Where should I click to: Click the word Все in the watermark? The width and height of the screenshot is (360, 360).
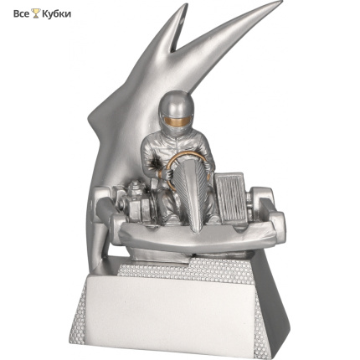click(21, 13)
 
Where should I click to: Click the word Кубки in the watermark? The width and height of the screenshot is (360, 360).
click(56, 14)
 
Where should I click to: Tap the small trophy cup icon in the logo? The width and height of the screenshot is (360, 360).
click(36, 13)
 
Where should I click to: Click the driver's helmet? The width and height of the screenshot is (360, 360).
click(176, 113)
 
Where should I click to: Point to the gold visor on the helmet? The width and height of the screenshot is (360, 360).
click(176, 121)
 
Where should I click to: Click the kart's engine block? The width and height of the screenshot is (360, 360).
click(136, 202)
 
